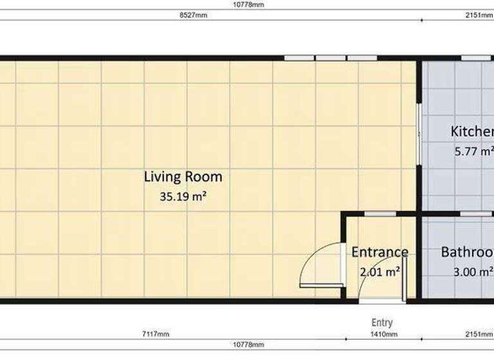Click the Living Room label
click(183, 177)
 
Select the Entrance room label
click(380, 252)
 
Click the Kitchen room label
click(471, 132)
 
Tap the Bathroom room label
click(467, 252)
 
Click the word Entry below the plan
click(382, 323)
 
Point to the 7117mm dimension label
click(155, 334)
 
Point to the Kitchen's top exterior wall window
click(476, 58)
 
